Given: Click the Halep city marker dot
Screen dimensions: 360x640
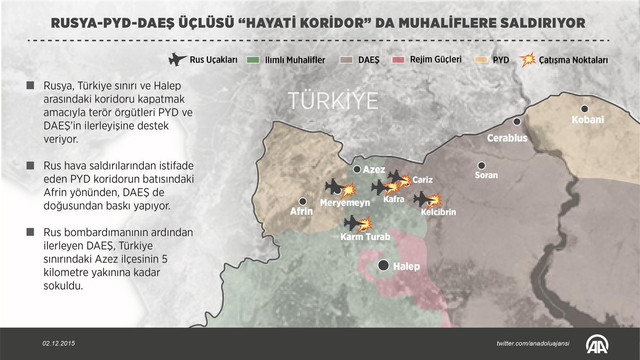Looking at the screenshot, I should tap(384, 266).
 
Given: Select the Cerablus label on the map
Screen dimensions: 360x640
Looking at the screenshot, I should tap(506, 137).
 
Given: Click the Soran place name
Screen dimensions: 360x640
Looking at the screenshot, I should tap(486, 176).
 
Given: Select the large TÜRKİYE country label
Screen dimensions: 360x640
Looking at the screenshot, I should tap(331, 100).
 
